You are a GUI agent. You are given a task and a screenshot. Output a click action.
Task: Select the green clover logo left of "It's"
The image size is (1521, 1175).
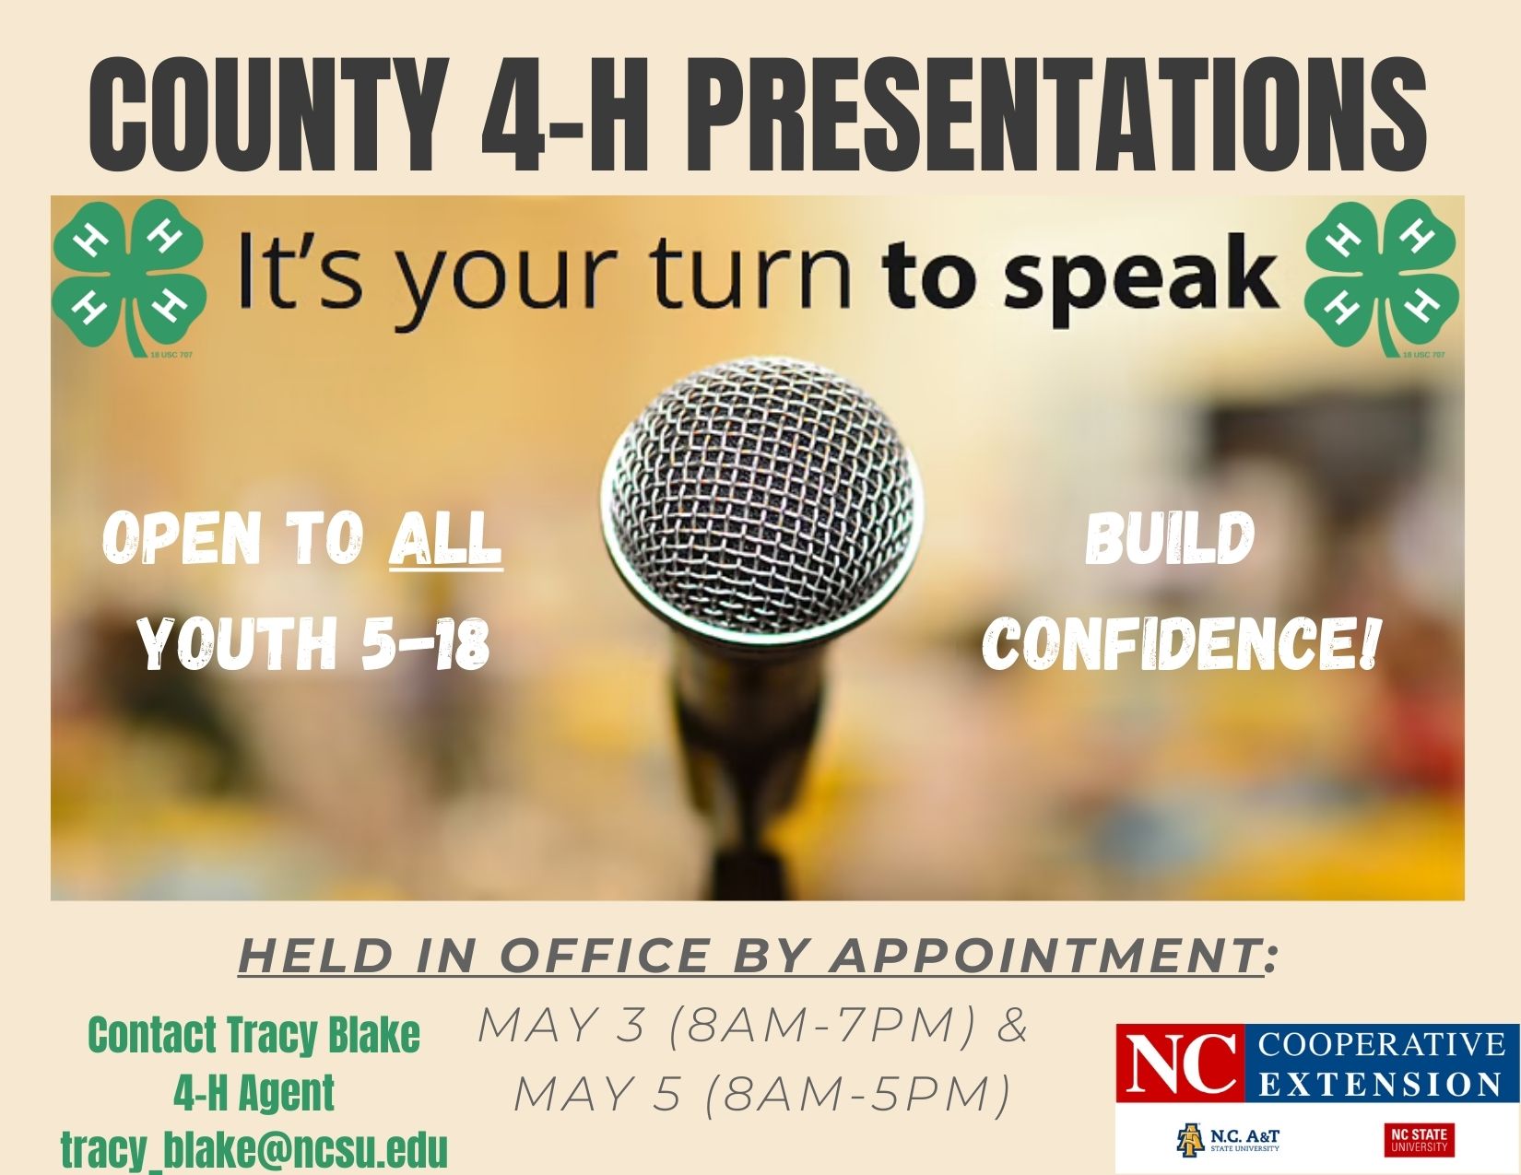tap(129, 279)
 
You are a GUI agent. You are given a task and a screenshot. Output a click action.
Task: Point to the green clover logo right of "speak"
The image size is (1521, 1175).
tap(1382, 279)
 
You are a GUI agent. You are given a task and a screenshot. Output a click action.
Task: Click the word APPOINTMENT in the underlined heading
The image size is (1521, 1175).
tap(1045, 957)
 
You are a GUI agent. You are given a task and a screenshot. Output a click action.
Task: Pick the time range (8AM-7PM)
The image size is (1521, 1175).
tap(822, 1026)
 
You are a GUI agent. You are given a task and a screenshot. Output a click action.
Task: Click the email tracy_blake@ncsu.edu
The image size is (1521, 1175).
tap(254, 1149)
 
